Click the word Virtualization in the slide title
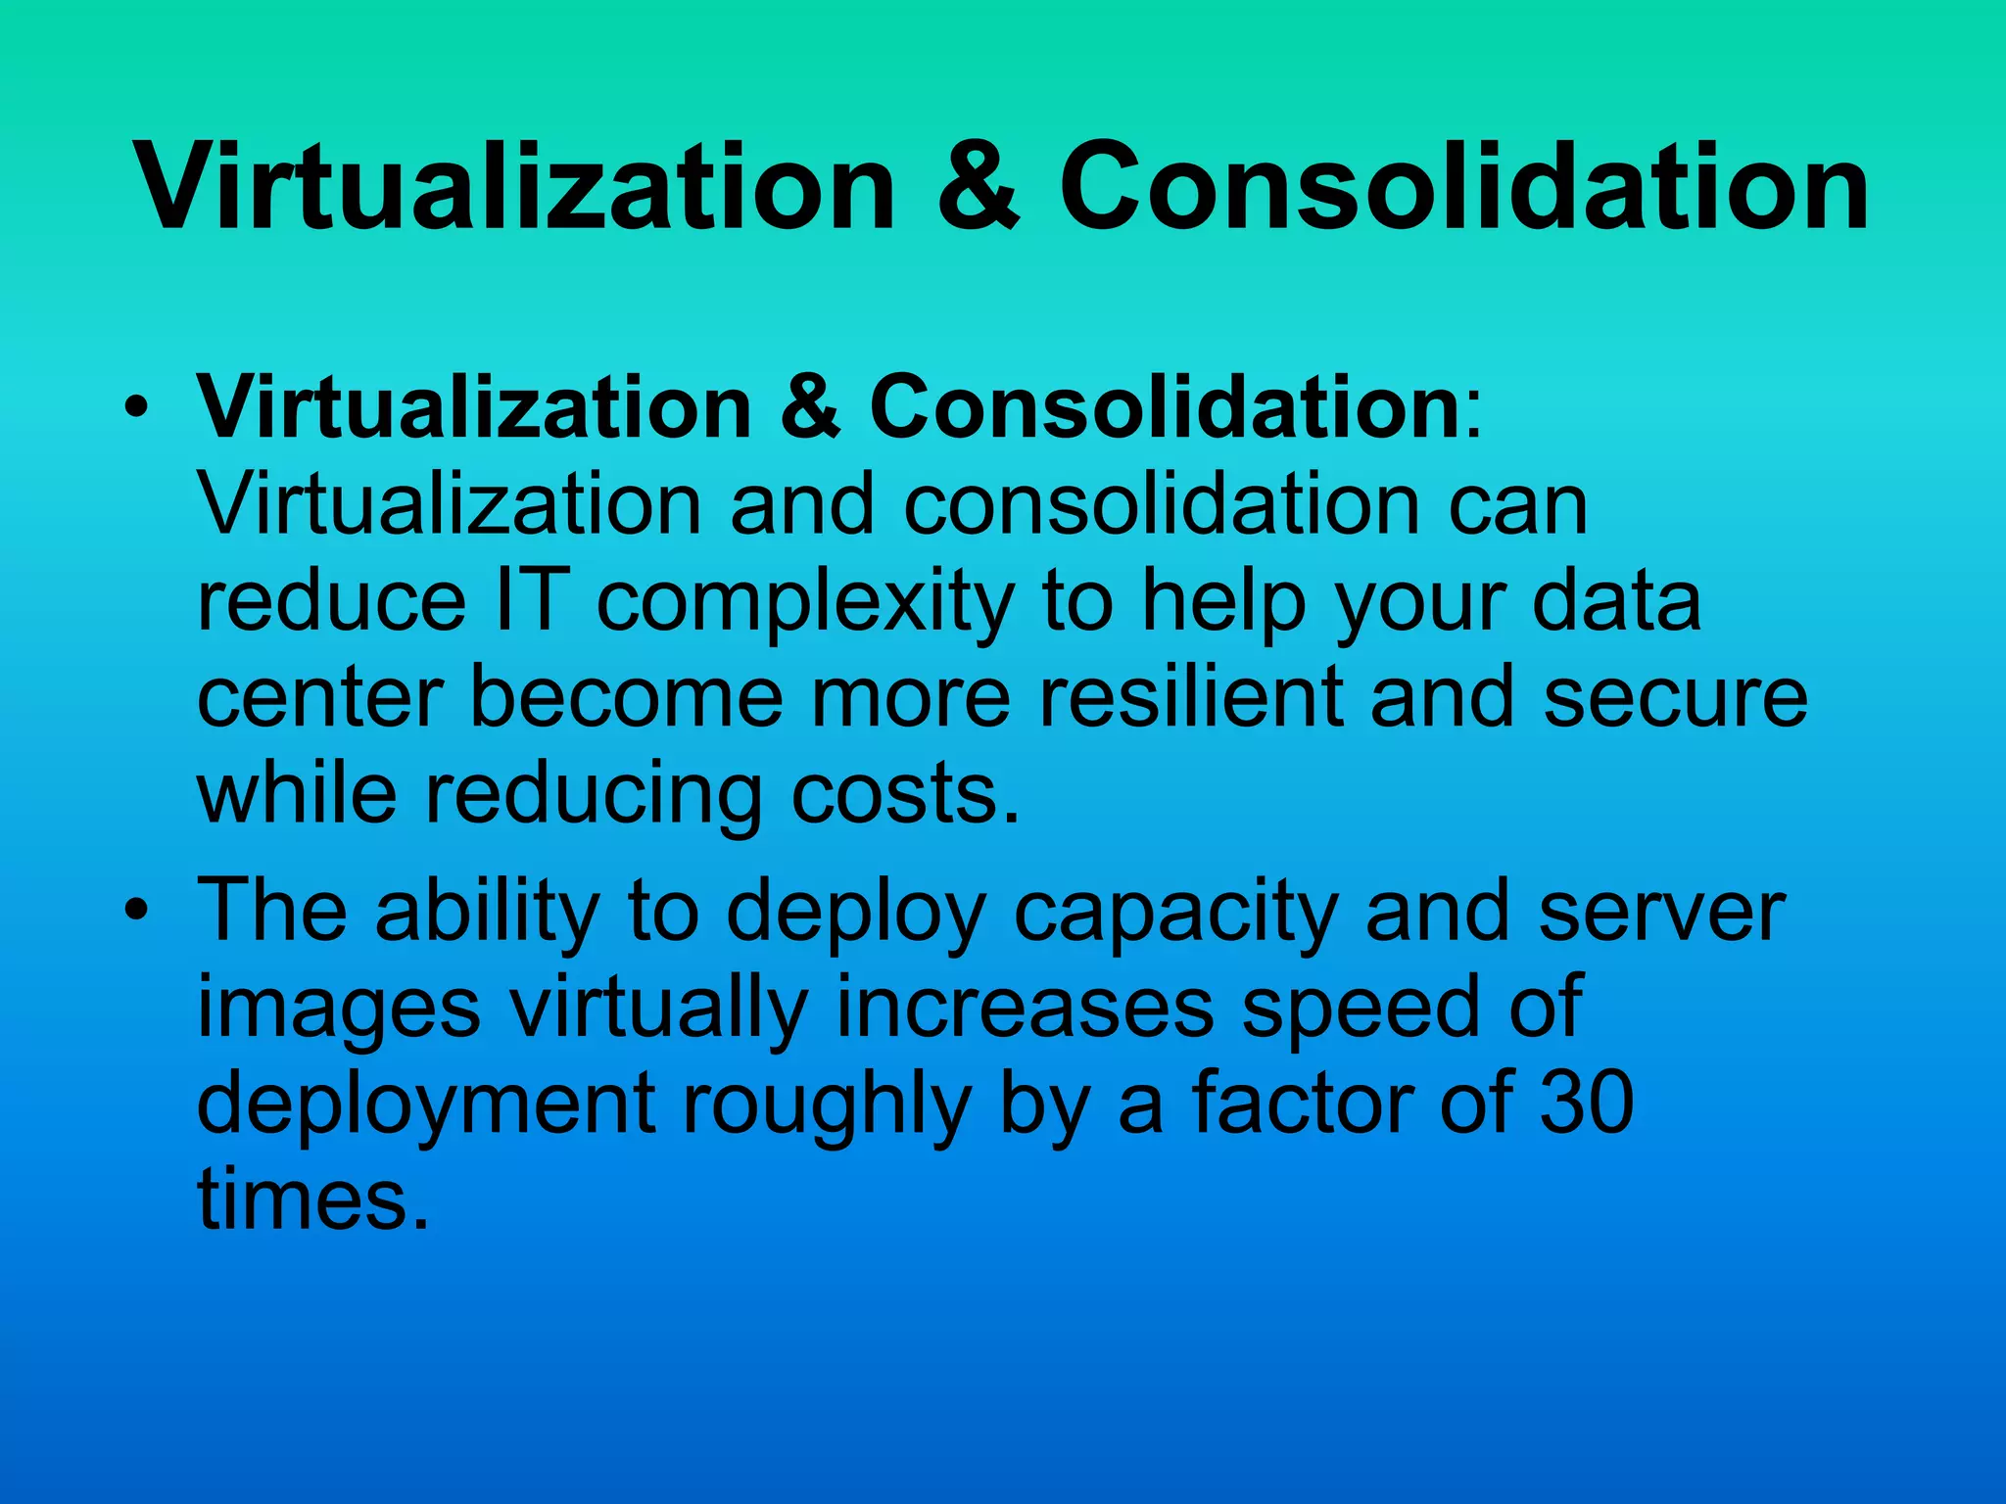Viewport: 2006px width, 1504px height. (x=515, y=186)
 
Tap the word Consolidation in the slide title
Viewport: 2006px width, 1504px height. (x=1463, y=186)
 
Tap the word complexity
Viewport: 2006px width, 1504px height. (x=805, y=603)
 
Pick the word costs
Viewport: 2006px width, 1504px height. (x=905, y=793)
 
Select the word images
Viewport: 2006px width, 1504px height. (x=339, y=1009)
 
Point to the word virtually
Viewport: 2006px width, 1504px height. (x=658, y=1009)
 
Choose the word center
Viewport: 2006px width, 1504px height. (x=320, y=697)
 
